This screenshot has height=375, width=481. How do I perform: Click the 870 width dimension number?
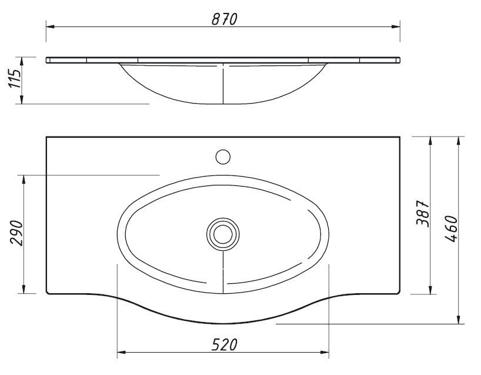coord(224,19)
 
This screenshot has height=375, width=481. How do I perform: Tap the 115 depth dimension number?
coord(15,78)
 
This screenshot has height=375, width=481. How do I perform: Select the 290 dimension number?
coord(16,233)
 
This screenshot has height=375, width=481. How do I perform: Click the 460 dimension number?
coord(451,229)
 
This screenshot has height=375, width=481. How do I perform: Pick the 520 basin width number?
coord(224,344)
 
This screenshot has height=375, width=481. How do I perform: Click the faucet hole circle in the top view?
coord(223,157)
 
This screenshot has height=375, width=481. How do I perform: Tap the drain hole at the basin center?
coord(223,234)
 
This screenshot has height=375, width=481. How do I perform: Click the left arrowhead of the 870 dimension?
coord(51,27)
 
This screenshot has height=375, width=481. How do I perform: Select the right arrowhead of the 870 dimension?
coord(396,27)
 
